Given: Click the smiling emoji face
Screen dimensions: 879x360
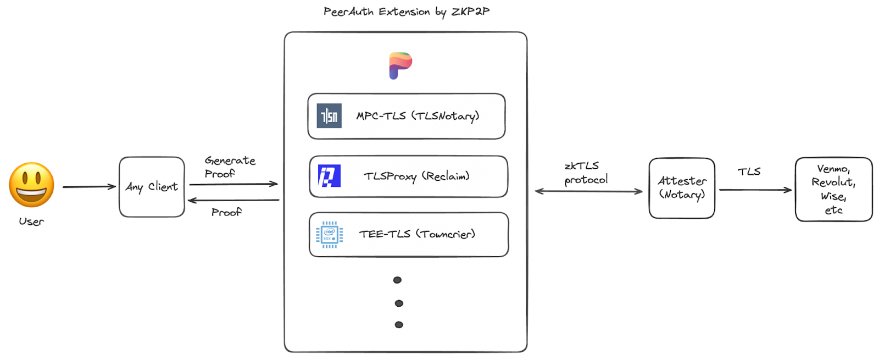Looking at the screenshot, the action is click(31, 185).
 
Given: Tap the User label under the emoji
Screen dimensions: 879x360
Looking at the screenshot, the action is click(31, 221).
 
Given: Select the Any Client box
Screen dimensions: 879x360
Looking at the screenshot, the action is click(152, 187).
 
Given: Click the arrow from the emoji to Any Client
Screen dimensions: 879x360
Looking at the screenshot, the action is click(89, 187).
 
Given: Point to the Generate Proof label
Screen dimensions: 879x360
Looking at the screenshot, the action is click(230, 167).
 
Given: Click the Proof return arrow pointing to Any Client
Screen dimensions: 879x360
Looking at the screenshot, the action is click(233, 200).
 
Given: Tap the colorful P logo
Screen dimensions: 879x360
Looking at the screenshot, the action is click(400, 65).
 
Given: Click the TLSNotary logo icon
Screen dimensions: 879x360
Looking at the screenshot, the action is click(329, 116).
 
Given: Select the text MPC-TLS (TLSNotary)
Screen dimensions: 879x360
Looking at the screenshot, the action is click(418, 116).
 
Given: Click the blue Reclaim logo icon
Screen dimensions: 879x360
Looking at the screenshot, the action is click(329, 175).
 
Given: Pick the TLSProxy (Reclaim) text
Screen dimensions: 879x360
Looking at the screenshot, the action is click(416, 176).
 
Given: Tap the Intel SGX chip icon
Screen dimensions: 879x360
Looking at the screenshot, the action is click(330, 234).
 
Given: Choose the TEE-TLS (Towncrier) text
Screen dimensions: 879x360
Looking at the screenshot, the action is click(417, 234).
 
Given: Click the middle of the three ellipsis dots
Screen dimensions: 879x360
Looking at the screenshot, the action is click(399, 303).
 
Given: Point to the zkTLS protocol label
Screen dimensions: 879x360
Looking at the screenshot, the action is click(586, 173).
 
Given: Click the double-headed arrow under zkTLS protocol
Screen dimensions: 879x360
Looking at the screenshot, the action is click(588, 191).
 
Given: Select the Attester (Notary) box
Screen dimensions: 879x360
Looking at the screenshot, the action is click(682, 188).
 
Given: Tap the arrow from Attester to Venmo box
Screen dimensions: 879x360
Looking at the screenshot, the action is click(755, 190).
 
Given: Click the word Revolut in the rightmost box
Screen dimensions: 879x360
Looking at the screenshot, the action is click(833, 182).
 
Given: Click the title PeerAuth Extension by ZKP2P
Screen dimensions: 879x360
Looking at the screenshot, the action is click(407, 12).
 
